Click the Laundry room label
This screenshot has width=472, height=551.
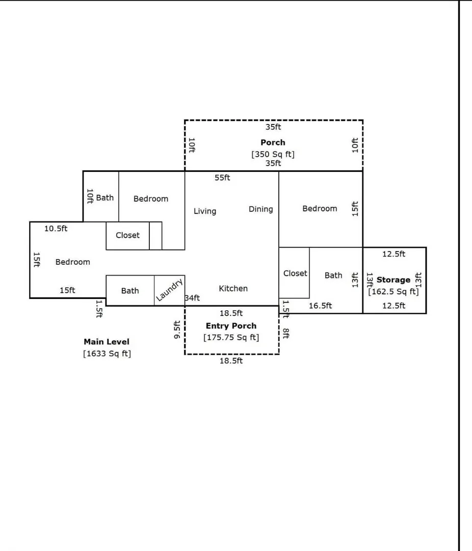(x=170, y=290)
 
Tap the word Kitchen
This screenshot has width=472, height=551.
(x=233, y=288)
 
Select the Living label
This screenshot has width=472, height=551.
(x=205, y=211)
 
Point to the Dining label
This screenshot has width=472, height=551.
(x=260, y=209)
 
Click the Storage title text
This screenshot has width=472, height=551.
(x=394, y=280)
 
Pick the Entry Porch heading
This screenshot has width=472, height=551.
(x=231, y=325)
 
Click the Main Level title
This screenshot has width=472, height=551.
(x=107, y=341)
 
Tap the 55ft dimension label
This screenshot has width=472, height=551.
(x=222, y=178)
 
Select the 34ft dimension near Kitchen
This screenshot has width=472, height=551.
(x=193, y=298)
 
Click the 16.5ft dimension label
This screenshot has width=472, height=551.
(x=320, y=306)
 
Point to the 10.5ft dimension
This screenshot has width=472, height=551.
(x=56, y=229)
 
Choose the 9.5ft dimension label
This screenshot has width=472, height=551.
(x=177, y=330)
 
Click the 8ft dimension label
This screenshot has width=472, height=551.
(x=286, y=334)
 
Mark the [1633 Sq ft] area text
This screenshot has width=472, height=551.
(x=107, y=354)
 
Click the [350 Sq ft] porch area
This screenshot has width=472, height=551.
(x=273, y=154)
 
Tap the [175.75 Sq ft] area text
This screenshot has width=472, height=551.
(x=231, y=337)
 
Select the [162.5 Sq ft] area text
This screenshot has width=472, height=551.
(x=394, y=292)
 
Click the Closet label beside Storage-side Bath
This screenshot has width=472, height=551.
(x=295, y=273)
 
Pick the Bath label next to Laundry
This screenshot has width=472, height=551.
(x=130, y=291)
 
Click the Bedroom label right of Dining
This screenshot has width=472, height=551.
(x=320, y=208)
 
